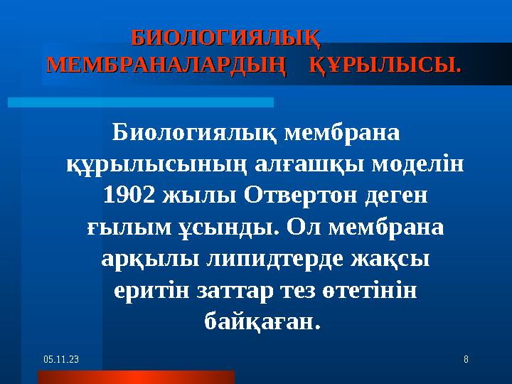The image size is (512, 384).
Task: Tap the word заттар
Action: [x=263, y=291]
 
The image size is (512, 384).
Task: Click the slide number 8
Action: [x=466, y=361]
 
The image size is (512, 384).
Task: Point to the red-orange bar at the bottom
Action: [x=136, y=377]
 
